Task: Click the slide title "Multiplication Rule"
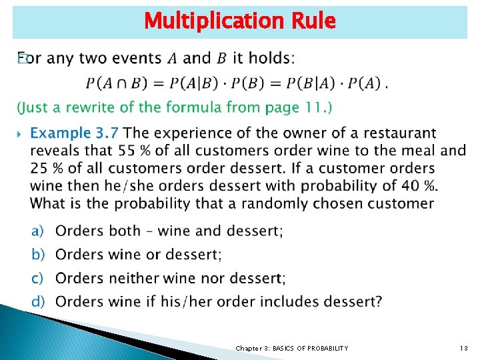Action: [239, 21]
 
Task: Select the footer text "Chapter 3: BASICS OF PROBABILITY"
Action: [291, 348]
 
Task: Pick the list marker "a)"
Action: [37, 231]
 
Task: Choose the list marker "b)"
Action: [37, 254]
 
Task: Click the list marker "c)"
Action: [37, 277]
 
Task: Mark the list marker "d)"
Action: [37, 301]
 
